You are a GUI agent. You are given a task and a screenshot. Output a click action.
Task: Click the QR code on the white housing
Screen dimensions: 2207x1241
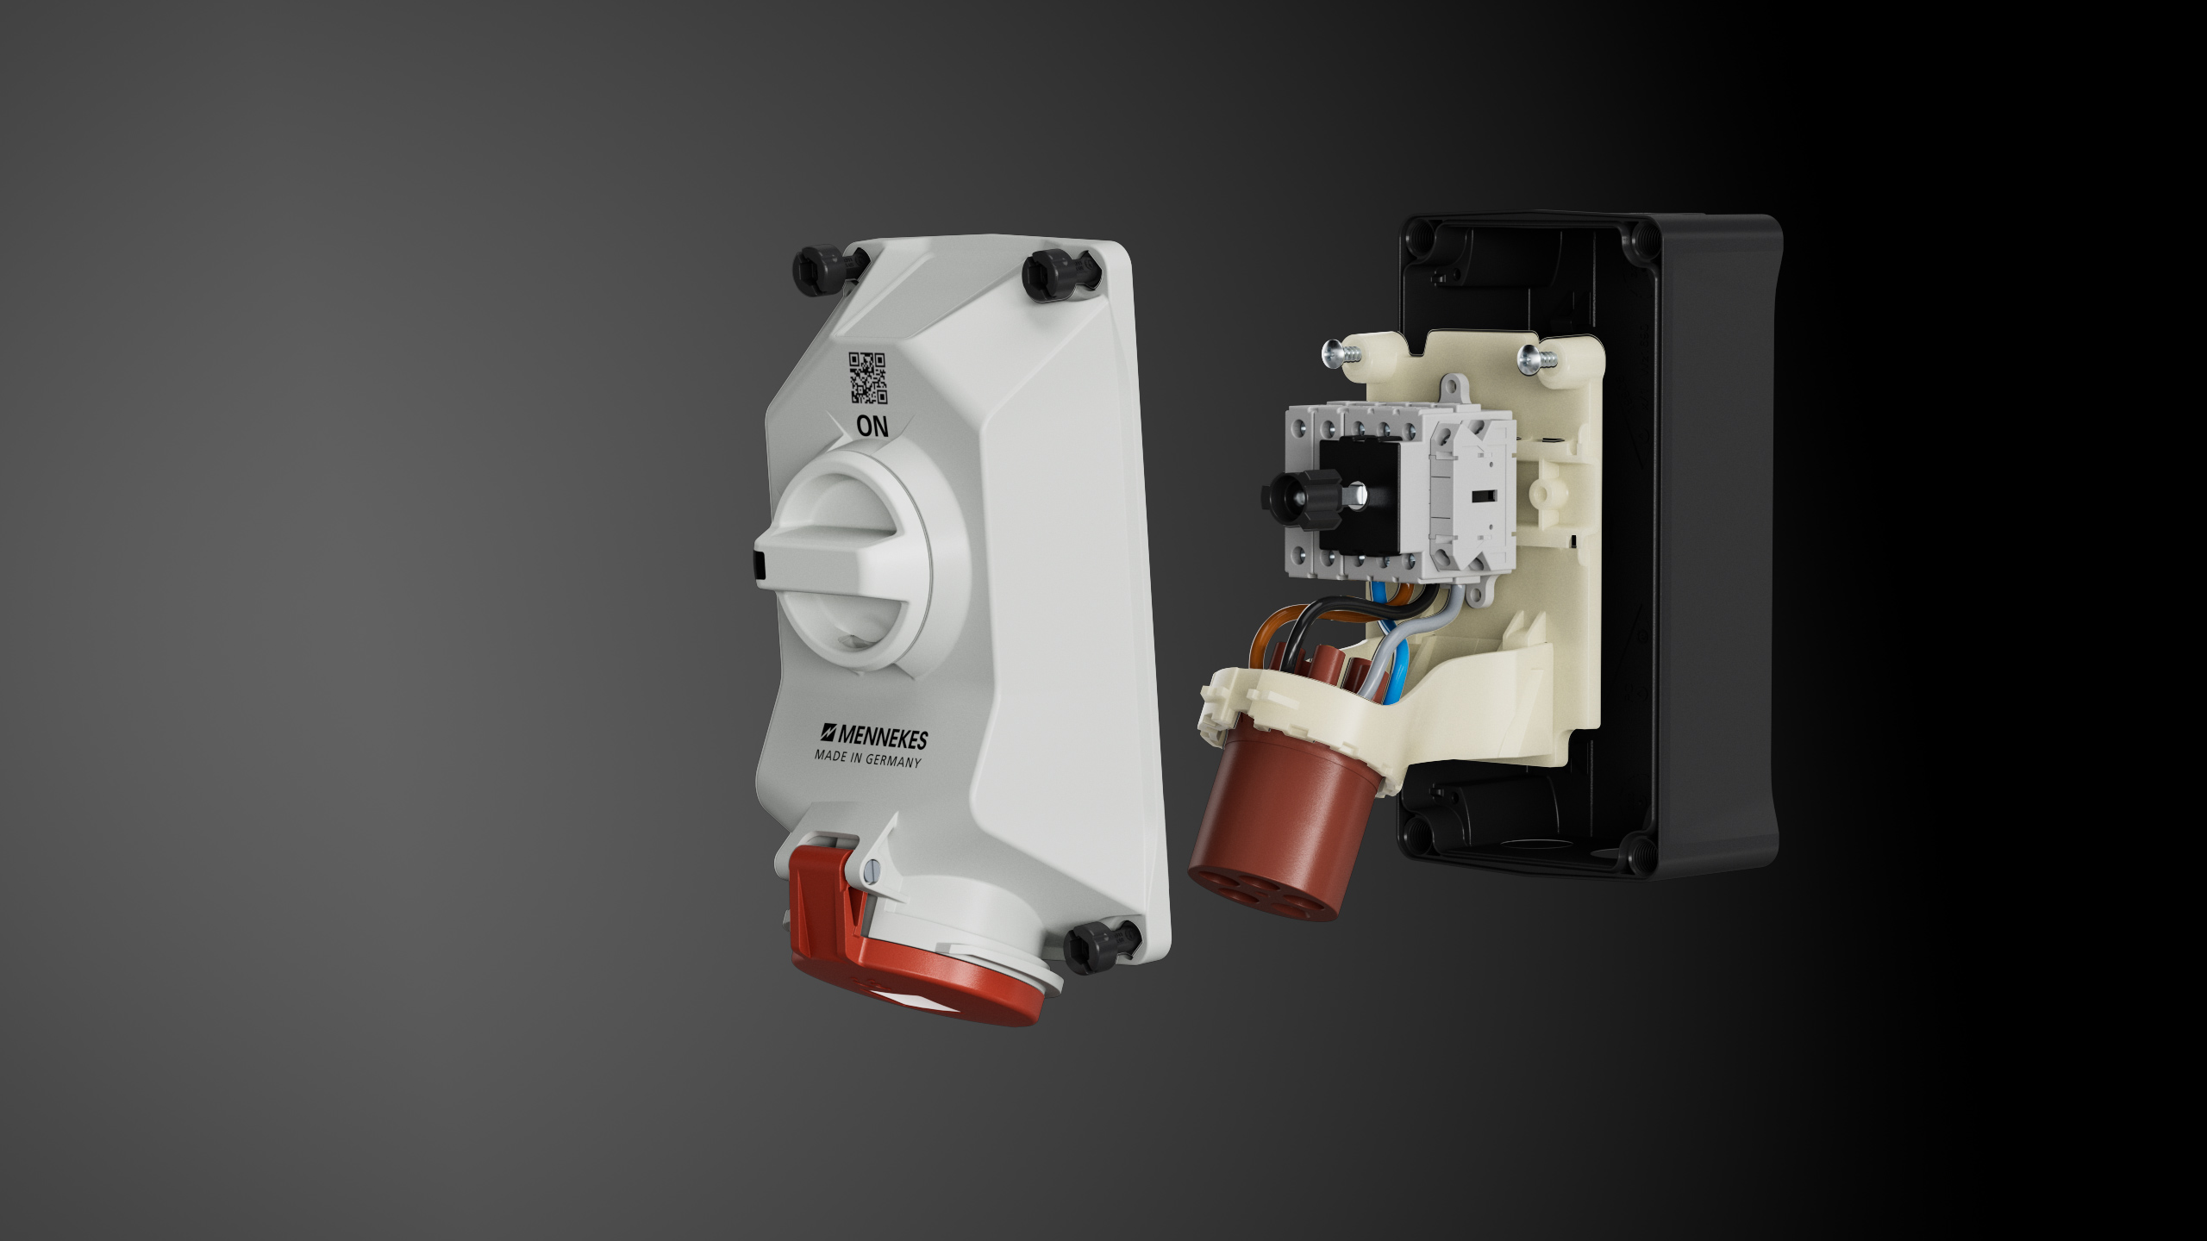(868, 377)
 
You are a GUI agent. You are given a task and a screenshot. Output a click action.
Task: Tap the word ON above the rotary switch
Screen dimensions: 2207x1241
(872, 426)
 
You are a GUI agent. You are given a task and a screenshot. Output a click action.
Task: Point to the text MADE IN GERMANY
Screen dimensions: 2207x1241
(868, 758)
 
